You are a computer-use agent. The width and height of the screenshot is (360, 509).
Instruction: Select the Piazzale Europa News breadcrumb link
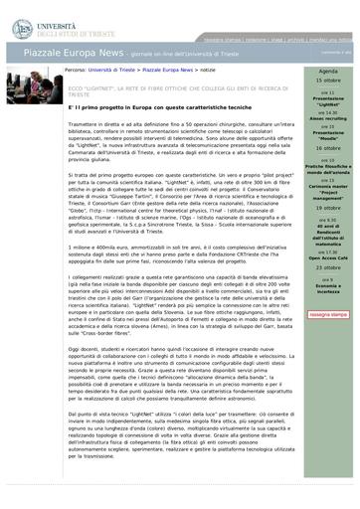click(x=169, y=72)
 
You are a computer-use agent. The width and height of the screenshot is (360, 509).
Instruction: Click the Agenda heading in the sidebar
click(x=327, y=73)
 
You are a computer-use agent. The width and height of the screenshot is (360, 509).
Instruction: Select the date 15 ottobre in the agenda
click(x=327, y=82)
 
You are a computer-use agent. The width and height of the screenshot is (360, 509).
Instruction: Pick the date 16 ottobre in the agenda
click(x=327, y=146)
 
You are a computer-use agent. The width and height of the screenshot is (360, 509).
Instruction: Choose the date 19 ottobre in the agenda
click(x=327, y=207)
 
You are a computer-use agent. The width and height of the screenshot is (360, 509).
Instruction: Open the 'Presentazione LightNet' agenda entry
click(x=327, y=102)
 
